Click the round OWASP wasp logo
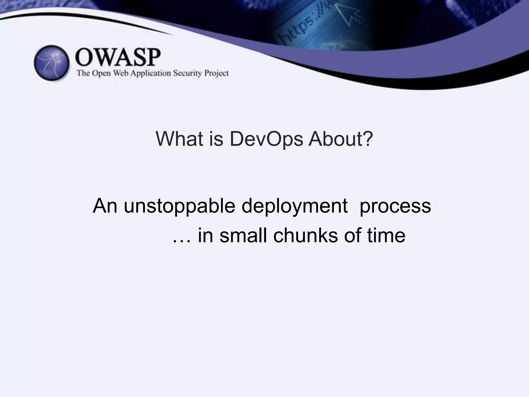[x=52, y=63]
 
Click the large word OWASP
[x=118, y=57]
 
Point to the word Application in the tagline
[x=150, y=73]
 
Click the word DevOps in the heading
[x=266, y=139]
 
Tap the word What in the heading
[x=179, y=139]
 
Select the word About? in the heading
[x=341, y=139]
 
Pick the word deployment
[x=294, y=206]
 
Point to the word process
[x=395, y=206]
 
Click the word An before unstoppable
[x=105, y=206]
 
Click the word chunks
[x=305, y=236]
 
